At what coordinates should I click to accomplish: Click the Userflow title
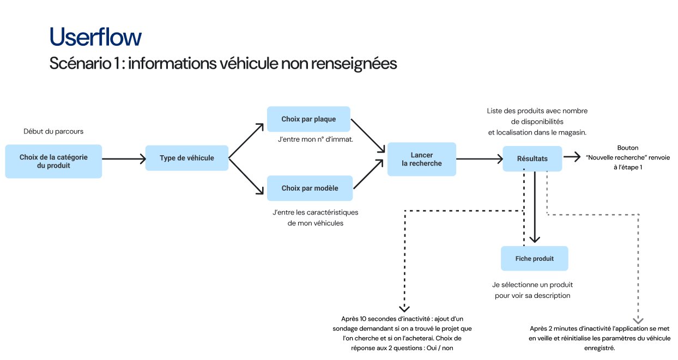[95, 37]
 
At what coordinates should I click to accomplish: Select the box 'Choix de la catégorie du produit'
[53, 161]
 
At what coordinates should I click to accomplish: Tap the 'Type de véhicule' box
[186, 158]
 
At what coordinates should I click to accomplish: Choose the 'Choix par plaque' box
[308, 119]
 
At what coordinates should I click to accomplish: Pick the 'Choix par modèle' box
[310, 188]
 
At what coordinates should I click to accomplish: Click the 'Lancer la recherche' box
[421, 159]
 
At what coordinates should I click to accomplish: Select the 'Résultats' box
[532, 158]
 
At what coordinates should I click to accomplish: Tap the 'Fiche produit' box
[534, 258]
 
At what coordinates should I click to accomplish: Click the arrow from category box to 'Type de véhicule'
[124, 159]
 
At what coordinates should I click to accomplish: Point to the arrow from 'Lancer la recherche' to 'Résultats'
[480, 159]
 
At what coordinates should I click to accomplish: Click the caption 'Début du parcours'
[53, 132]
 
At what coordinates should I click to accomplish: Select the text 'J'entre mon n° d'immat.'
[316, 139]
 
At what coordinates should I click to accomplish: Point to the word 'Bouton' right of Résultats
[627, 148]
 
